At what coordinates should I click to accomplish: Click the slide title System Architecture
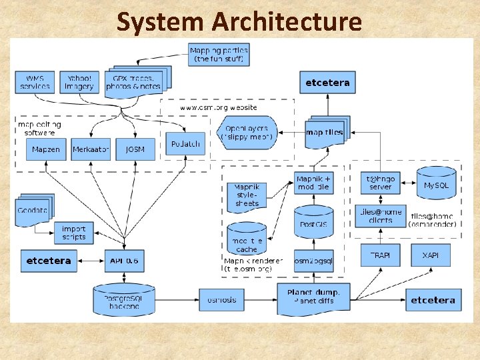point(239,21)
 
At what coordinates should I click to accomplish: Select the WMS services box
point(35,83)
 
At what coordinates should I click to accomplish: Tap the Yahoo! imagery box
point(79,83)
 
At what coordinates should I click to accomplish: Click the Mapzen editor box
point(45,149)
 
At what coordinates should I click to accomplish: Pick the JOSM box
point(135,149)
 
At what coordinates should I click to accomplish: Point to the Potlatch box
point(185,143)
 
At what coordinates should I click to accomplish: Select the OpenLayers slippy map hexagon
point(247,132)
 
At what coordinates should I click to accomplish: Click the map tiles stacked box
point(325,132)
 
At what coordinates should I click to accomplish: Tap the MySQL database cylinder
point(437,185)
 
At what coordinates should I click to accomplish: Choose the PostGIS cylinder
point(313,223)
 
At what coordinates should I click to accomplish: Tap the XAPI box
point(430,255)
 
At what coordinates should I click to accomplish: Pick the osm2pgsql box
point(313,261)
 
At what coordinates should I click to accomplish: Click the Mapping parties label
point(219,55)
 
